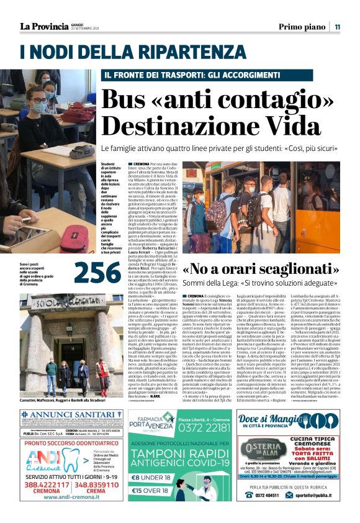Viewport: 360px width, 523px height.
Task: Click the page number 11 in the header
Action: [337, 26]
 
